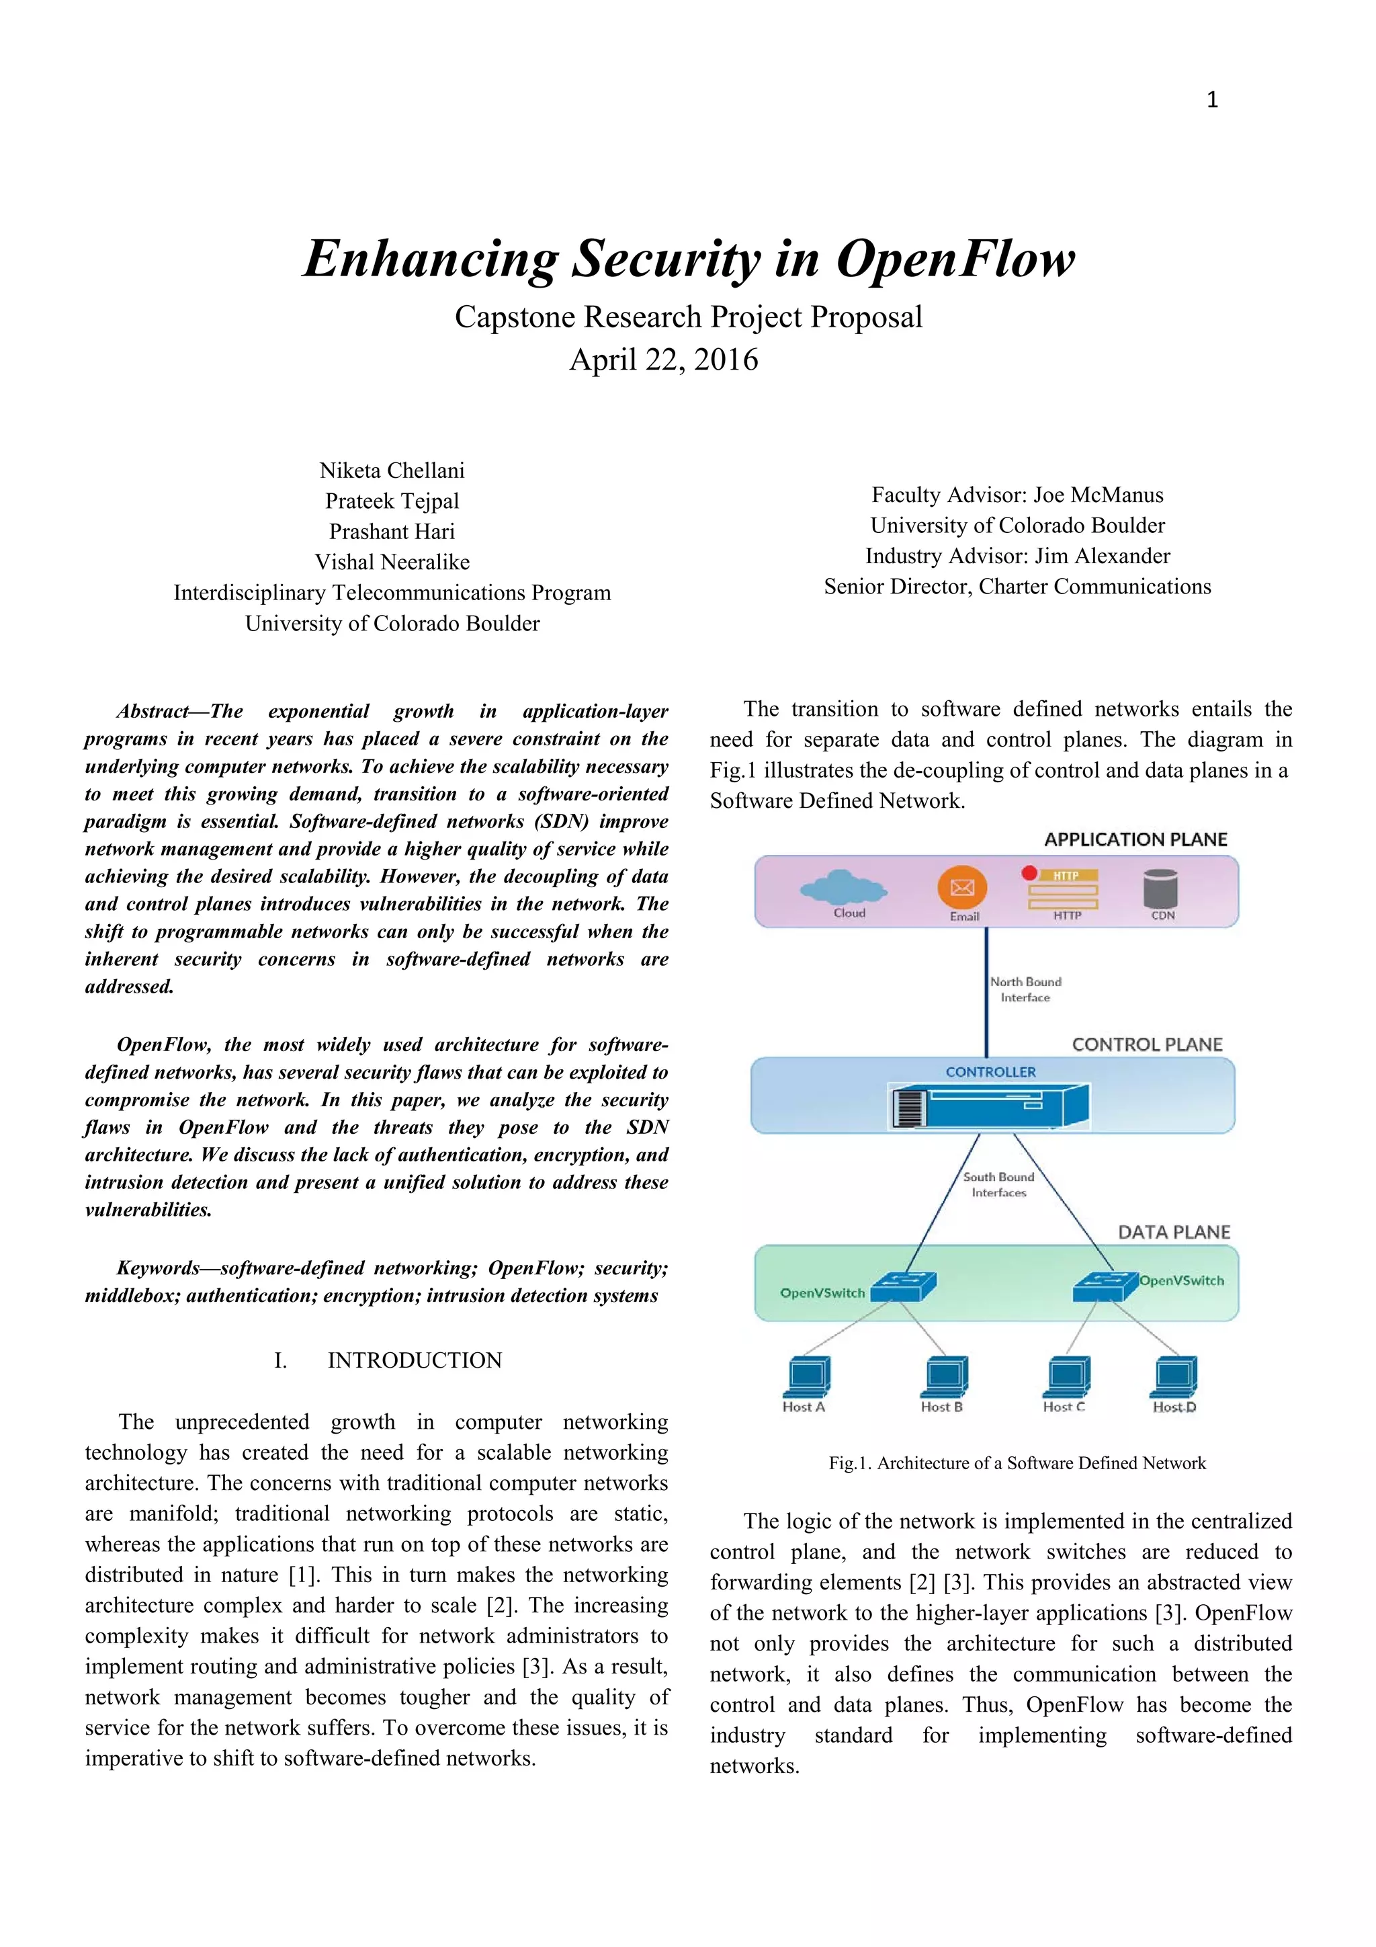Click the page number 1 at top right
point(1211,100)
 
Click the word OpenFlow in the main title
point(955,259)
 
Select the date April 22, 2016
point(663,360)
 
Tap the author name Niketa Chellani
point(392,470)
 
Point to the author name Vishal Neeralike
point(392,563)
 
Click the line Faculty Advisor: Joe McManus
point(1017,495)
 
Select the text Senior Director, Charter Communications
point(1017,587)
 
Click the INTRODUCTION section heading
point(415,1360)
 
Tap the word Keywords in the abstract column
point(158,1269)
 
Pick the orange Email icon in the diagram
point(962,887)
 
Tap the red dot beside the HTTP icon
point(1029,872)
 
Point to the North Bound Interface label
point(1025,989)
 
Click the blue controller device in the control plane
point(990,1106)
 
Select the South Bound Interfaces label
point(998,1185)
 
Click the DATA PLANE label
point(1173,1232)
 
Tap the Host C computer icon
point(1068,1376)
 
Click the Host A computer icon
point(807,1376)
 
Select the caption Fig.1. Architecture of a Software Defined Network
point(1017,1463)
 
